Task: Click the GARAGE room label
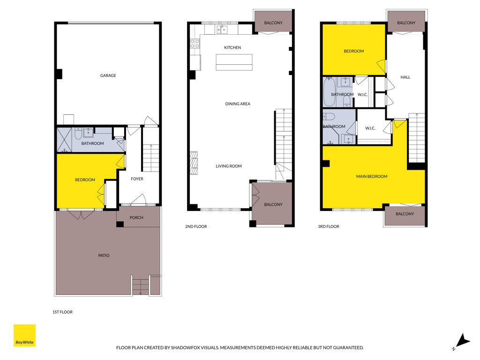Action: [108, 75]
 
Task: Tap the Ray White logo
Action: [24, 335]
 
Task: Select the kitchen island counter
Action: [234, 62]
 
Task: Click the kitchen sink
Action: [222, 30]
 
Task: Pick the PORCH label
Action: [136, 217]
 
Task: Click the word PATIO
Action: [104, 255]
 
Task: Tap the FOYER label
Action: [137, 179]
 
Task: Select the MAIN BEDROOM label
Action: [372, 176]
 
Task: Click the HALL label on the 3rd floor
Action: [405, 77]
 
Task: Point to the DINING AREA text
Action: [238, 104]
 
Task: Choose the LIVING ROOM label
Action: [229, 166]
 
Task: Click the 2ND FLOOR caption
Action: [196, 226]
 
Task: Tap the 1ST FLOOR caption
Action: [62, 312]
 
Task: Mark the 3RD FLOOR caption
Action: [329, 226]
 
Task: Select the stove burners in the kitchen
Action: [195, 44]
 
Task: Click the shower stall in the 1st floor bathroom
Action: [65, 140]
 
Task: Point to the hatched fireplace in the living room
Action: [194, 163]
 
